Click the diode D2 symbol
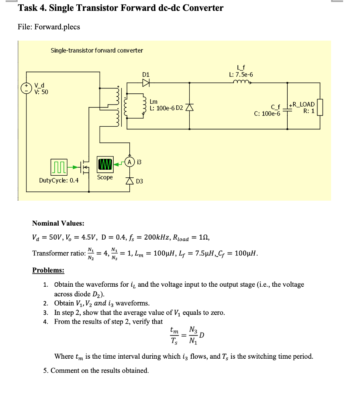tap(190, 107)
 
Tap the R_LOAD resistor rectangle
tap(320, 107)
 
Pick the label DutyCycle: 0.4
tap(59, 181)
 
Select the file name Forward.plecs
tap(49, 27)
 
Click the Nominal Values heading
tap(58, 223)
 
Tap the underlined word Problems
tap(48, 270)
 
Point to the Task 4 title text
tap(121, 8)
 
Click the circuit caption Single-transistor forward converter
tap(97, 50)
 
